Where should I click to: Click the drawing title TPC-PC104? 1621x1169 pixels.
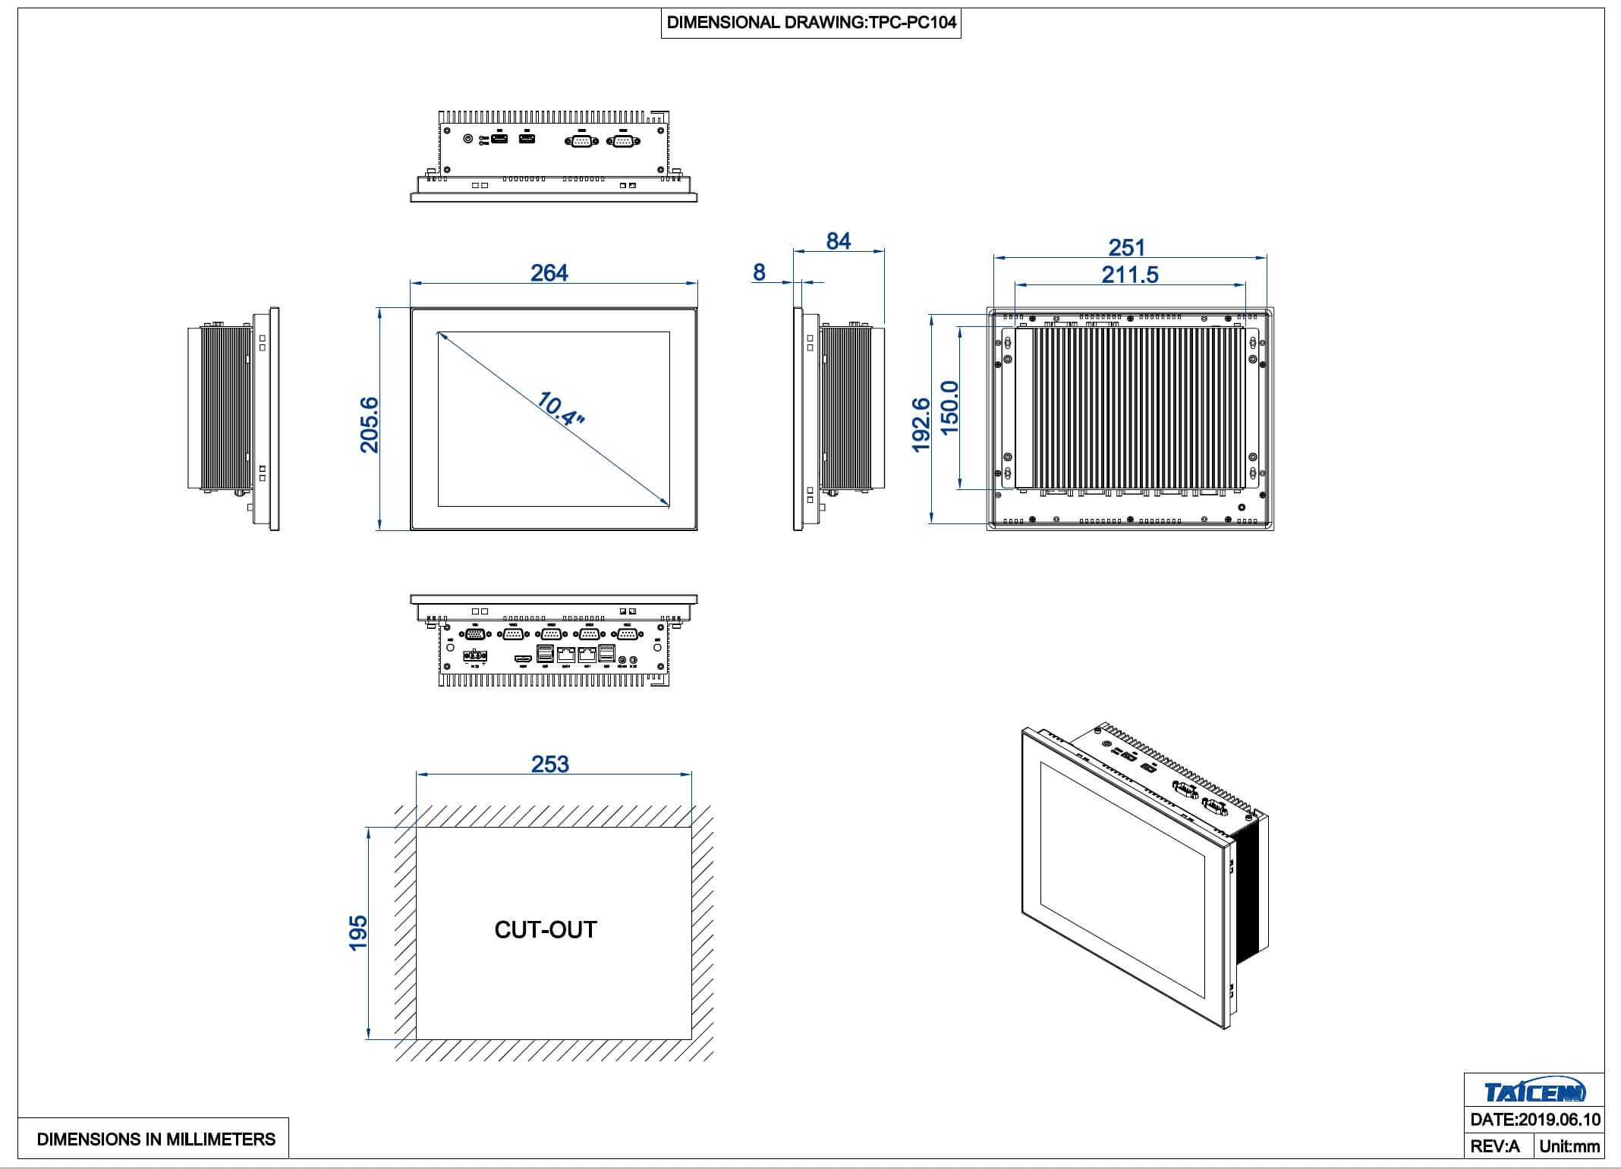810,23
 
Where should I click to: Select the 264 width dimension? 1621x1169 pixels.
549,273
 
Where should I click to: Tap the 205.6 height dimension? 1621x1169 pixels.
369,424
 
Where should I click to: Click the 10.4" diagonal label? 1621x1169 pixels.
560,410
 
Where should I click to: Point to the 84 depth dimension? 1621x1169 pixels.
838,241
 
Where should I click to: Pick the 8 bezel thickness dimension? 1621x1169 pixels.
759,272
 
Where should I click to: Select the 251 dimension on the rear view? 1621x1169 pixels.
1126,247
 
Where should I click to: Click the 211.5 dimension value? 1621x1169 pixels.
1129,275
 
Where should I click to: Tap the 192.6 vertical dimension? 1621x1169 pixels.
921,424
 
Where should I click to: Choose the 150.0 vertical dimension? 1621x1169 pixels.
949,407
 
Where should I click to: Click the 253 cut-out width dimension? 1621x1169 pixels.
549,764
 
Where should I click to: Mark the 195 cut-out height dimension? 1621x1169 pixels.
357,932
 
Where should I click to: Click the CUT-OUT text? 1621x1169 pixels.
546,930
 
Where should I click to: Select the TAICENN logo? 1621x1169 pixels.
1534,1092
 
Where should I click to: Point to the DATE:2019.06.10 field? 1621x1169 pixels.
1534,1120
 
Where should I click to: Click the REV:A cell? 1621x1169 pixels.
1495,1146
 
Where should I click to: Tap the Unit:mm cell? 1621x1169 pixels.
1569,1146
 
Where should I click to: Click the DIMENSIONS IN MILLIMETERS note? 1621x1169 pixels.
156,1139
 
